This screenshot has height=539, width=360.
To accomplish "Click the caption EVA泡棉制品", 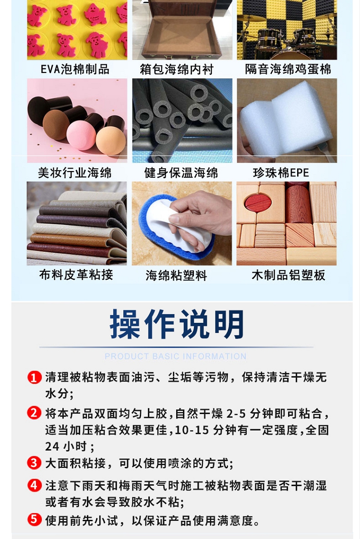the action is (75, 69).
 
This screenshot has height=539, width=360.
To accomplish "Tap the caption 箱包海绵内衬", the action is (177, 70).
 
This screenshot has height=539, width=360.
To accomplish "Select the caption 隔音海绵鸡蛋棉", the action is (288, 69).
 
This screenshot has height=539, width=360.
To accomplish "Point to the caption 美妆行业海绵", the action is (75, 172).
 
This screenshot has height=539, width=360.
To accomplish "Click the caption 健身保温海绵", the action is (181, 172).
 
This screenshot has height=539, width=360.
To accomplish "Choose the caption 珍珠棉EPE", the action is (281, 172).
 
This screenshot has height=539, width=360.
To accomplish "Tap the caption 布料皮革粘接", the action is (76, 275).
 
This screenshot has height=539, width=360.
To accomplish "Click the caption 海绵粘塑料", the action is (176, 275).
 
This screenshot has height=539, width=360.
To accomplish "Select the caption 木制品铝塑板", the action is (288, 275).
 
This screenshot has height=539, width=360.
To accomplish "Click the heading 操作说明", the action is (177, 324).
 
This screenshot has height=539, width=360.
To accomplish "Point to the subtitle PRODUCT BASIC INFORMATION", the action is (176, 356).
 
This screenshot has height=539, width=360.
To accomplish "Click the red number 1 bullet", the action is (34, 378).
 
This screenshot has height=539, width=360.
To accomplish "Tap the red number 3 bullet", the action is (34, 463).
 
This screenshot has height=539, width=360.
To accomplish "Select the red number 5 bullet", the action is (34, 519).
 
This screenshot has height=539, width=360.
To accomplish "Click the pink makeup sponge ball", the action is (81, 135).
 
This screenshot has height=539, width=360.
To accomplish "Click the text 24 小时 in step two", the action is (65, 447).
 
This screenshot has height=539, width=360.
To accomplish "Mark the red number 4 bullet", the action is (34, 485).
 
